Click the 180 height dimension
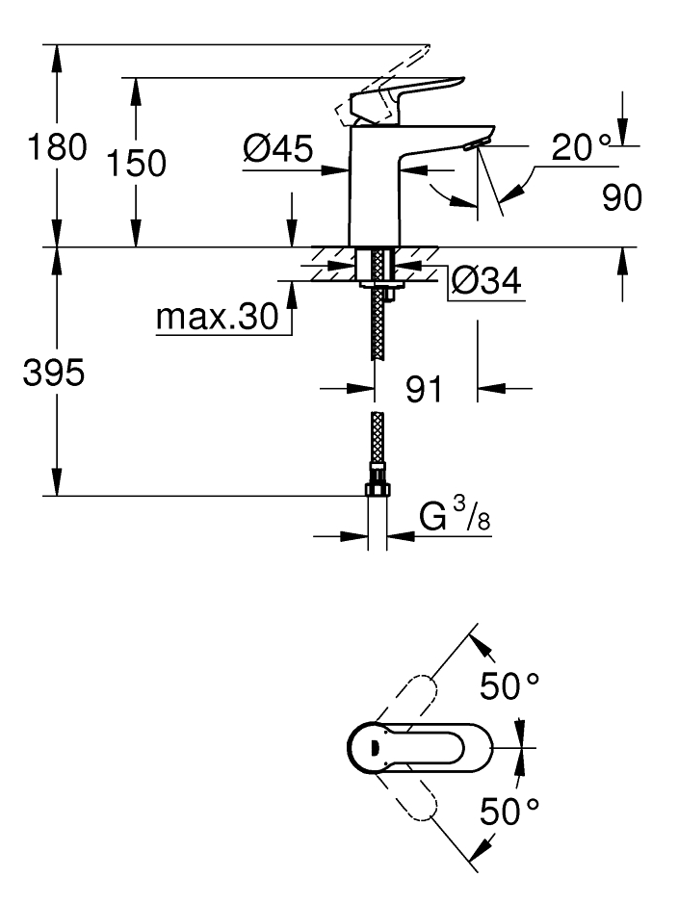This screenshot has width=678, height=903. (x=57, y=147)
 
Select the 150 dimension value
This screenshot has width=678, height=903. (x=137, y=163)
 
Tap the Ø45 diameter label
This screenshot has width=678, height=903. (x=277, y=148)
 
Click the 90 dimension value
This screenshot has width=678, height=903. (x=621, y=197)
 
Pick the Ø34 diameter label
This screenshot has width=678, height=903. (x=486, y=281)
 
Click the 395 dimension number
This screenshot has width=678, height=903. (x=54, y=372)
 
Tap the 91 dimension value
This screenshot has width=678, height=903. (x=424, y=389)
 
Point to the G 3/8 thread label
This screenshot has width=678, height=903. (x=455, y=514)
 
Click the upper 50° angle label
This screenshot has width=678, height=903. (x=509, y=685)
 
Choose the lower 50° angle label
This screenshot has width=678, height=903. (x=509, y=811)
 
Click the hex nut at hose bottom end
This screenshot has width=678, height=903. (x=377, y=489)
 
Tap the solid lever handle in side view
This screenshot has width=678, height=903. (x=407, y=99)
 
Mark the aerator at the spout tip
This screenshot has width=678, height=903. (x=476, y=143)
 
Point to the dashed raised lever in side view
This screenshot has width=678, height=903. (x=381, y=87)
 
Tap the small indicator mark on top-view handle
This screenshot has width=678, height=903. (x=372, y=747)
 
